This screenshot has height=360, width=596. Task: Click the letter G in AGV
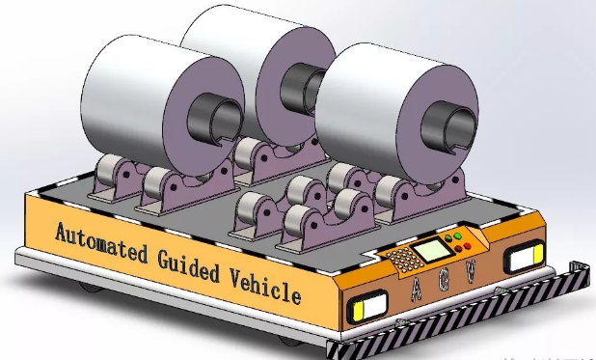pos(443,280)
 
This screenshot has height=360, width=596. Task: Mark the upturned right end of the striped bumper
pos(580,266)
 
